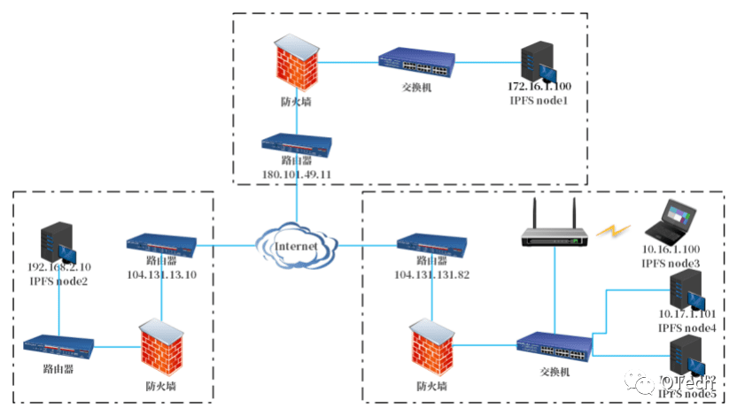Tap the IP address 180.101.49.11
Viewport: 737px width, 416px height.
coord(296,175)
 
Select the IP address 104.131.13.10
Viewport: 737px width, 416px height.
coord(162,275)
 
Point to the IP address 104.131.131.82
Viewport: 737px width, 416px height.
coord(432,275)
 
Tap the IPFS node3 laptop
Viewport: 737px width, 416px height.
coord(670,220)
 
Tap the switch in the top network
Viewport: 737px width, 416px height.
coord(415,62)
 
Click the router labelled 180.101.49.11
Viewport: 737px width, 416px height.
coord(296,143)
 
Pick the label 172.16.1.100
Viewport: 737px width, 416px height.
coord(539,87)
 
